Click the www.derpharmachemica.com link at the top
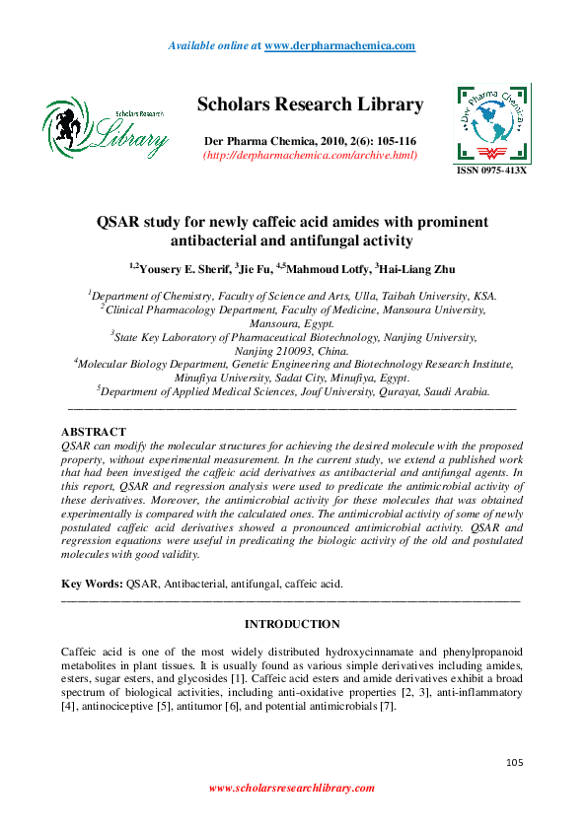pyautogui.click(x=339, y=46)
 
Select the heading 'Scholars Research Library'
pyautogui.click(x=310, y=104)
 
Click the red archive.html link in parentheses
pyautogui.click(x=310, y=155)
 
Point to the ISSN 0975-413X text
pyautogui.click(x=491, y=171)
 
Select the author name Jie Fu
pyautogui.click(x=258, y=268)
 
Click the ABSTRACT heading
pyautogui.click(x=94, y=432)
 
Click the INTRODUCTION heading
pyautogui.click(x=292, y=624)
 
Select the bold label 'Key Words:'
pyautogui.click(x=92, y=584)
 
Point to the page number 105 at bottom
pyautogui.click(x=513, y=762)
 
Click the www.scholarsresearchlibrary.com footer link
pyautogui.click(x=292, y=788)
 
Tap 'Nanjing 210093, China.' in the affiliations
pyautogui.click(x=292, y=350)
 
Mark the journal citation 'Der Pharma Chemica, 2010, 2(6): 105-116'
pyautogui.click(x=310, y=140)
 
